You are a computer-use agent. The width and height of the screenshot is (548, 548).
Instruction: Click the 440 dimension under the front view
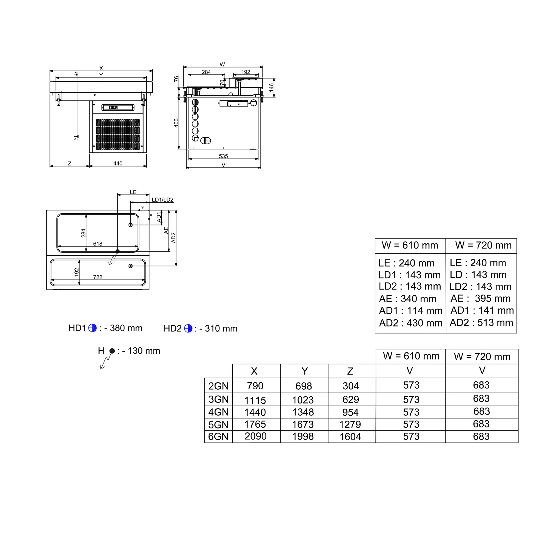coord(118,163)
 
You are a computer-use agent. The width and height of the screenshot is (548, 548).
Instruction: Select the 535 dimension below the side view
coord(223,156)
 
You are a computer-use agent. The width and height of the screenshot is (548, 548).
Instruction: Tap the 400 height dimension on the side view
coord(176,123)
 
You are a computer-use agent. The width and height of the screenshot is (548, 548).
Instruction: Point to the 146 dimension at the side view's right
coord(272,87)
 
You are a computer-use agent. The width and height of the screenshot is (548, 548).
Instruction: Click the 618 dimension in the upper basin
coord(98,244)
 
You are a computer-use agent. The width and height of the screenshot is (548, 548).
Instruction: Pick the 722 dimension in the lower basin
coord(98,277)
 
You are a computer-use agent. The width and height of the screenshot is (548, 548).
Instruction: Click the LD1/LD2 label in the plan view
coord(162,200)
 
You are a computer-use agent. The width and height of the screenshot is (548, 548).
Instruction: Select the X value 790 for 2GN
coord(255,386)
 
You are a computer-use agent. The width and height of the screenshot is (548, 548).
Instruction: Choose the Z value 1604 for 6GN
coord(350,436)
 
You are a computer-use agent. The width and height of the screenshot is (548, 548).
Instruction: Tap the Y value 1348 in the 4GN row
coord(303,412)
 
